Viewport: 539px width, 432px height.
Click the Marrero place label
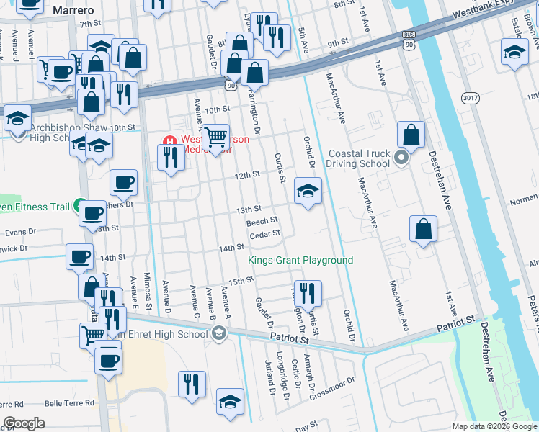tap(71, 9)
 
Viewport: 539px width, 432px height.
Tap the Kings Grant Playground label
tap(300, 260)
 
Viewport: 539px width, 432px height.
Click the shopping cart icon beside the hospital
tap(215, 136)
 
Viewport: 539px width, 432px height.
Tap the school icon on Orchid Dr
tap(308, 191)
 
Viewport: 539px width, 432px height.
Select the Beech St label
tap(262, 222)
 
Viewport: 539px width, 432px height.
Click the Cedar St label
tap(264, 235)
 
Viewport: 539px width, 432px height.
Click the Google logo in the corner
tap(24, 423)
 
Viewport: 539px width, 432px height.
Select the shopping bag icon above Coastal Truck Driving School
tap(410, 134)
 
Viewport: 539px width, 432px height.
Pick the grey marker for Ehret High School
tap(219, 333)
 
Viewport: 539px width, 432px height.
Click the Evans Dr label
tap(20, 233)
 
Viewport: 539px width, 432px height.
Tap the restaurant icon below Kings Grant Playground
tap(308, 293)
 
